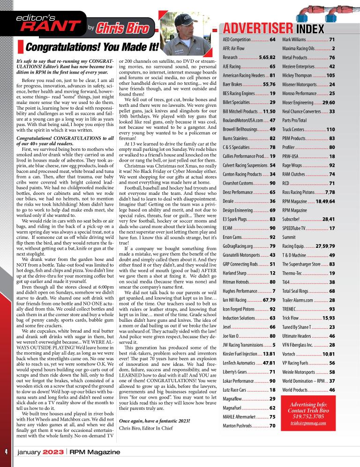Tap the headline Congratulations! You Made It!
point(92,47)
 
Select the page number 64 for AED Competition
point(272,40)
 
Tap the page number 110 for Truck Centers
point(330,129)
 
